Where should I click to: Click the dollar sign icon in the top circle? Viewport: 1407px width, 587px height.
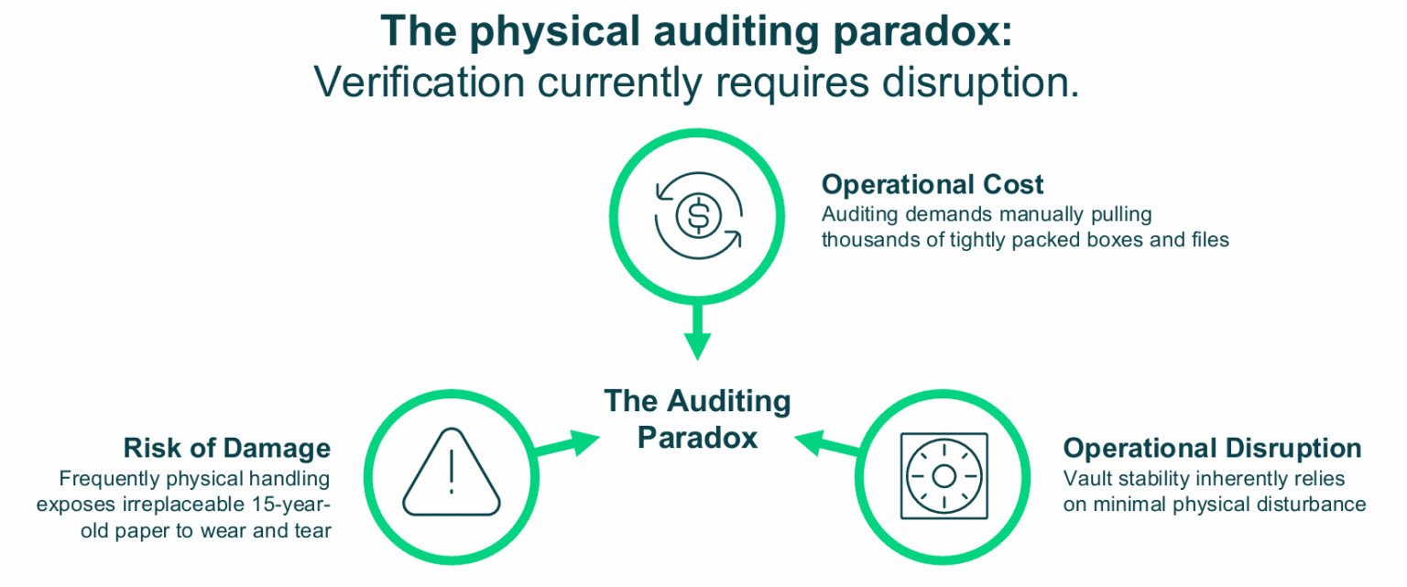[x=699, y=215]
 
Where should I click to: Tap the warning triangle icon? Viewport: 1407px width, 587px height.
[x=451, y=473]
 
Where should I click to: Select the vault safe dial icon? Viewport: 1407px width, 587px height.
[x=944, y=476]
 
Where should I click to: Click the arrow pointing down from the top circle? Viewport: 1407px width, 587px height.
[x=697, y=332]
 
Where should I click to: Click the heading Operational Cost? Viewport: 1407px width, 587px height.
[x=933, y=185]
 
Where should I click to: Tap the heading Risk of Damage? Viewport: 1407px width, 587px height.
[x=227, y=448]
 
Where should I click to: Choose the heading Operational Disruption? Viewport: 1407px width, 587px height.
[x=1212, y=448]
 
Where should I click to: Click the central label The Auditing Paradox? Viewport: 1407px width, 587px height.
[x=697, y=419]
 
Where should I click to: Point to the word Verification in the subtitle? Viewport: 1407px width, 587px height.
[x=419, y=82]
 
